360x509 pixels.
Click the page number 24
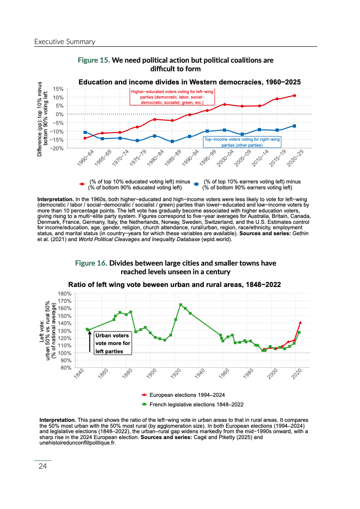43,466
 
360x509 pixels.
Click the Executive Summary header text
64,42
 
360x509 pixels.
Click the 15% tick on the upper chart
58,89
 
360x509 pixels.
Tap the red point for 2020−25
295,95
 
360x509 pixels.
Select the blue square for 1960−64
85,132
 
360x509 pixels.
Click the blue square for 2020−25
295,126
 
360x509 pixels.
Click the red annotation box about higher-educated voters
172,97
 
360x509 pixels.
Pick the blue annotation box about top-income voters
242,142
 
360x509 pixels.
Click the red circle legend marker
82,184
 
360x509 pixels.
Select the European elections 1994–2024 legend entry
187,395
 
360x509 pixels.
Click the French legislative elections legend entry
196,404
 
